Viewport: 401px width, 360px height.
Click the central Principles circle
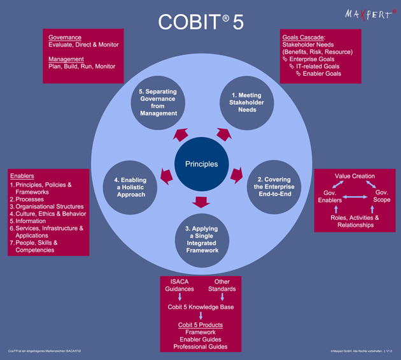201,164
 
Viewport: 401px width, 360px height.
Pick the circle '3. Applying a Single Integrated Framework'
201,239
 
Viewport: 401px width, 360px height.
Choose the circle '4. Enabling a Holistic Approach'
130,187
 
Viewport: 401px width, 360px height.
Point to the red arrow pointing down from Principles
201,203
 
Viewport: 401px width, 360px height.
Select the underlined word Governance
64,38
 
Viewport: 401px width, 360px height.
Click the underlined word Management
66,59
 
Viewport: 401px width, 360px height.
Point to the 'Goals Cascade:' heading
304,38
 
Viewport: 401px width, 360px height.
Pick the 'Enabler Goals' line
322,74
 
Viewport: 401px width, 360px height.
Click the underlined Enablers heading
23,176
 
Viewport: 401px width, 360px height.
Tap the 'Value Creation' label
355,176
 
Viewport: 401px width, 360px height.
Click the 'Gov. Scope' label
381,196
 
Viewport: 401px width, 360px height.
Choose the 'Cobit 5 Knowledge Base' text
200,307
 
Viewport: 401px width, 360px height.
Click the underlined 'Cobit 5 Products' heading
200,324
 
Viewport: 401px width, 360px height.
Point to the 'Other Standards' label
222,285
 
